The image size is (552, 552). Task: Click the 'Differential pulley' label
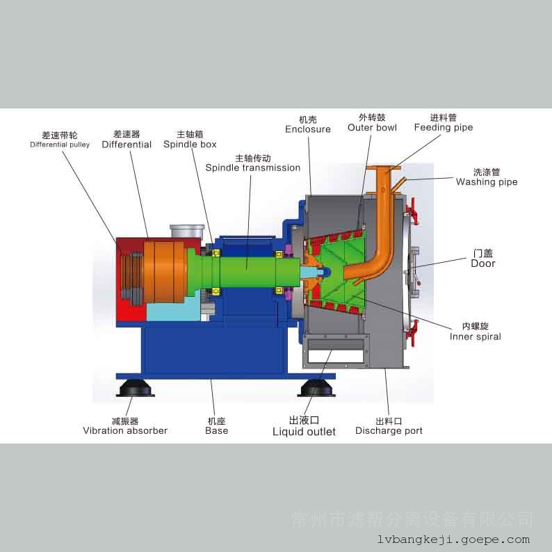point(60,145)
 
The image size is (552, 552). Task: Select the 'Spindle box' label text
point(190,145)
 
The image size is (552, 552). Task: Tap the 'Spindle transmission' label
point(253,168)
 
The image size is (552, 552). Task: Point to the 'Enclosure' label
point(307,129)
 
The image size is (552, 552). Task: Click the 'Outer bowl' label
point(372,128)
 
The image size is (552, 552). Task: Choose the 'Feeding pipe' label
point(443,127)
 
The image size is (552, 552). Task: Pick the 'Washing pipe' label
point(487,182)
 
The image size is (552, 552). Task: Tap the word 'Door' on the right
point(483,263)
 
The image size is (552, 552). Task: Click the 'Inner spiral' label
point(475,336)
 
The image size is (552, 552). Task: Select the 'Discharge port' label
point(389,431)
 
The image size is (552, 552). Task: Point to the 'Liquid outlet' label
point(304,432)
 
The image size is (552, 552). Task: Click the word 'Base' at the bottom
point(216,431)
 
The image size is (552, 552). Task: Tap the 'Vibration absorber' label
point(125,431)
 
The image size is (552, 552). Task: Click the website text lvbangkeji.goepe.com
point(454,539)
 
